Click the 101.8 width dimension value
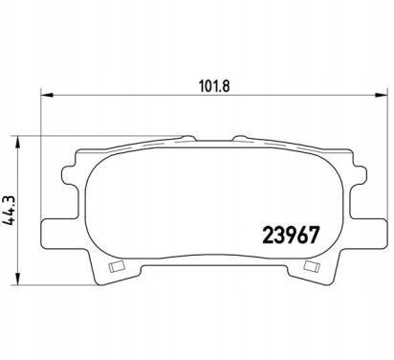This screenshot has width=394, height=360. [x=214, y=86]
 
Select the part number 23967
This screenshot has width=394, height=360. [x=290, y=236]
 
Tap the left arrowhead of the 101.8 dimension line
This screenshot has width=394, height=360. [x=47, y=95]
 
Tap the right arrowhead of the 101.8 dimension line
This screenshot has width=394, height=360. [x=381, y=95]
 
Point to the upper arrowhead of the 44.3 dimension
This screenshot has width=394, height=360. [x=19, y=143]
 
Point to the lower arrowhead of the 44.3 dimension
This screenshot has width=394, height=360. [x=19, y=279]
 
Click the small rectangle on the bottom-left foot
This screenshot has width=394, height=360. [x=117, y=267]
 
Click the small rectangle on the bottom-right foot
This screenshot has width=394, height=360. [x=312, y=265]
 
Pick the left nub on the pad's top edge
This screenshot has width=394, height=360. [x=188, y=138]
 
